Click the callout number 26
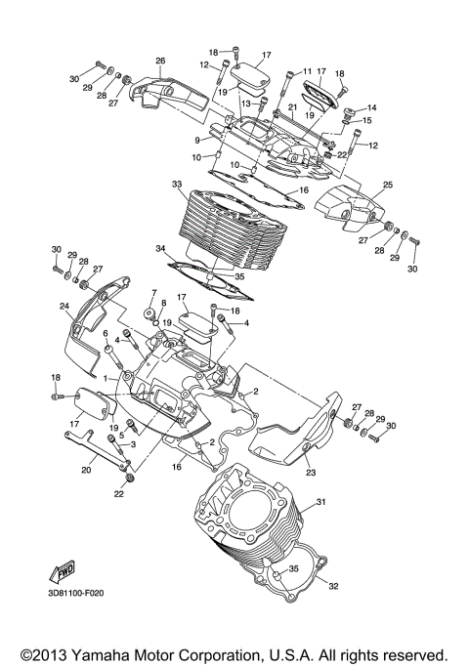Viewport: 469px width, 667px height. (x=160, y=61)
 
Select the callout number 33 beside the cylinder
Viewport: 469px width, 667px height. (x=177, y=184)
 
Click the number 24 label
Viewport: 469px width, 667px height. (x=64, y=307)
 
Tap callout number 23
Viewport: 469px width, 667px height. (x=311, y=474)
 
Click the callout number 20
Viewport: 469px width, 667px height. (x=86, y=470)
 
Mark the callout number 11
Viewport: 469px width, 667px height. (x=306, y=71)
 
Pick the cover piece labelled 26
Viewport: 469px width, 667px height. (x=171, y=93)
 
